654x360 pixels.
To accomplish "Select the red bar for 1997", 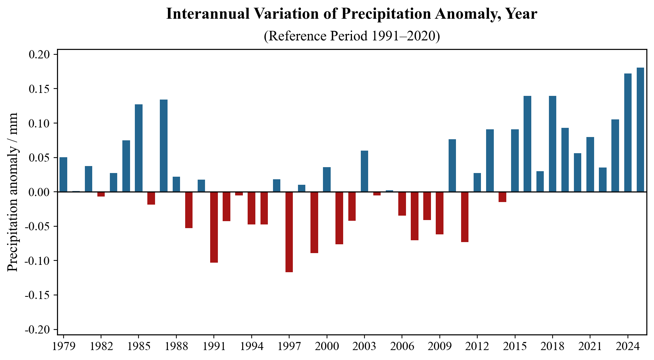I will click(x=289, y=232).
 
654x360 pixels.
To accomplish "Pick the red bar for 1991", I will click(x=214, y=227).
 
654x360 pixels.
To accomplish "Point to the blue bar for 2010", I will click(x=452, y=166).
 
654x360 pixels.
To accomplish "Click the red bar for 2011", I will click(x=465, y=217).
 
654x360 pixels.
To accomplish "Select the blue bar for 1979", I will click(x=63, y=174).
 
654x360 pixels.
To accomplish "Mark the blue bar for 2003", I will click(x=364, y=171).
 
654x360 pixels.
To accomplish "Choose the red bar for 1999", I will click(x=314, y=222).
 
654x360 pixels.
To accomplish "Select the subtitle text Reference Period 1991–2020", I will click(x=352, y=36).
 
